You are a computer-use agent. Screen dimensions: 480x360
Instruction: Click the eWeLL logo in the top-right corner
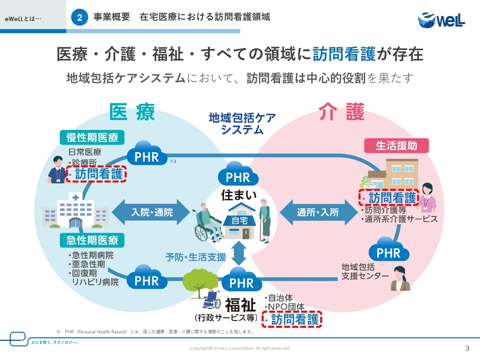(x=441, y=20)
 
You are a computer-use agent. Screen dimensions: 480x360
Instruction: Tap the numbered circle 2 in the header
(x=79, y=17)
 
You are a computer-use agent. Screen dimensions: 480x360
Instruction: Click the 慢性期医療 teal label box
(x=92, y=137)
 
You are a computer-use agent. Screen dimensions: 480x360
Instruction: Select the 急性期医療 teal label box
(x=92, y=240)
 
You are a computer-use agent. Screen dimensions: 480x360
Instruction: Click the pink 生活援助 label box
(x=396, y=145)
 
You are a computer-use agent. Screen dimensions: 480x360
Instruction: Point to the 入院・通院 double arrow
(x=151, y=212)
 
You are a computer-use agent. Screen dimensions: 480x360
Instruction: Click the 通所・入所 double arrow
(x=318, y=212)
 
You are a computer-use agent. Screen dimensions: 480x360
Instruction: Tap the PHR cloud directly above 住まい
(x=238, y=174)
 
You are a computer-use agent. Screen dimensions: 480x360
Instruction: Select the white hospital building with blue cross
(x=75, y=210)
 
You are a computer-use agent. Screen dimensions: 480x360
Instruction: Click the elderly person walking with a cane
(x=265, y=221)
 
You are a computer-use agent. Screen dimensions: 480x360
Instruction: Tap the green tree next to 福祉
(x=200, y=282)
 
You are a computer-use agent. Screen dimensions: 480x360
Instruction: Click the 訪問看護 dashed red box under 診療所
(x=96, y=174)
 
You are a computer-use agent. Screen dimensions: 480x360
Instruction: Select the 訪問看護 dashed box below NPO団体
(x=292, y=319)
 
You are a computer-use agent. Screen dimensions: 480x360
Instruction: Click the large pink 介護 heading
(x=342, y=112)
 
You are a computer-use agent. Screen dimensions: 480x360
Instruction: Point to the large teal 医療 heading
(x=132, y=112)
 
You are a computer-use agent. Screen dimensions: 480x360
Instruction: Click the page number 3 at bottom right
(x=467, y=348)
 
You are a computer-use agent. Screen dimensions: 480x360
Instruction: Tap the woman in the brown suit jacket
(x=400, y=278)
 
